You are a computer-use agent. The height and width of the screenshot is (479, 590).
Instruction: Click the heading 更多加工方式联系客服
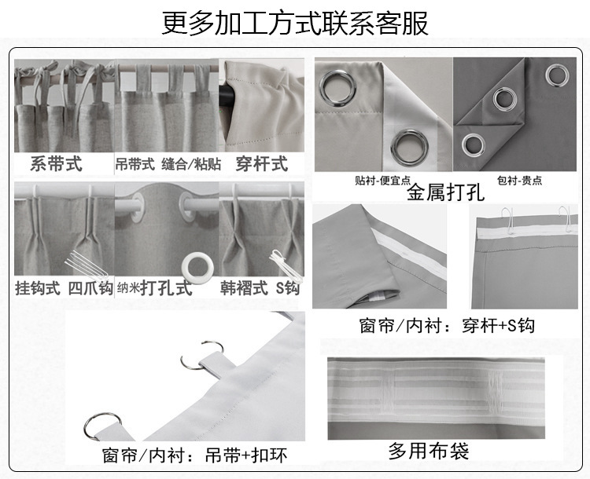295,23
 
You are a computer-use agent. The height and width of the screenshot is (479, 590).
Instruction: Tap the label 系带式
56,164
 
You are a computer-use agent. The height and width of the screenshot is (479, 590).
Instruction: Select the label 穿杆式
261,164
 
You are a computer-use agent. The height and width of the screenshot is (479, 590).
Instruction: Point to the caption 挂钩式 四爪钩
64,287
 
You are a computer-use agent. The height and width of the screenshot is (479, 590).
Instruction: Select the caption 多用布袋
429,451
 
